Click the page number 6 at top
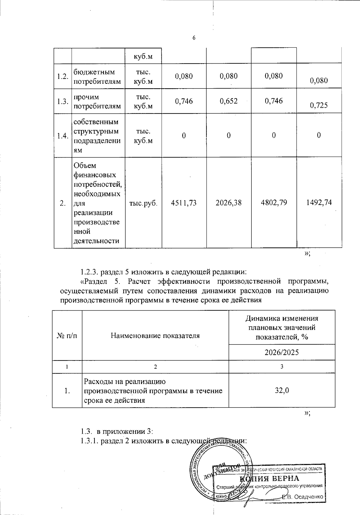pos(194,38)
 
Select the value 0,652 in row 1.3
pos(229,101)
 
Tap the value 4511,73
pos(184,203)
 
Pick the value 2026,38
pos(229,203)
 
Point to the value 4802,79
pos(274,202)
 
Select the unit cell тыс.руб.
pos(143,203)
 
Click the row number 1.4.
pos(62,136)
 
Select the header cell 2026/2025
pos(282,352)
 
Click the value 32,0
pos(282,390)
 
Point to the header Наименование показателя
pos(155,336)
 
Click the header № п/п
pos(67,336)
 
